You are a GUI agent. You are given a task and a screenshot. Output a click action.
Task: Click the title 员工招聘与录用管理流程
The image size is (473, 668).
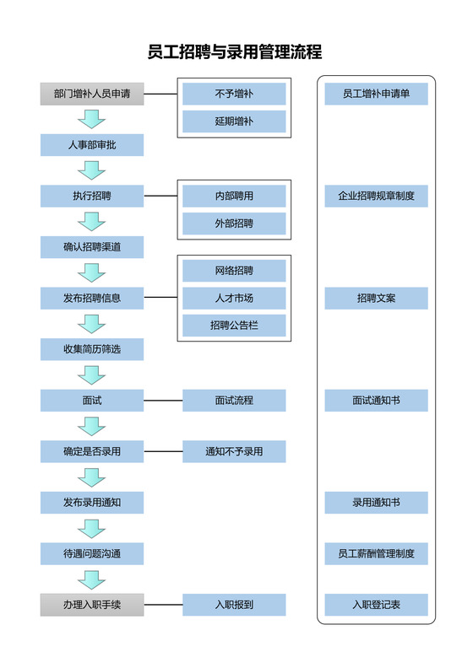click(x=235, y=52)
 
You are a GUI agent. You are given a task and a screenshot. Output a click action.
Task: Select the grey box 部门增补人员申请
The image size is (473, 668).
click(x=92, y=94)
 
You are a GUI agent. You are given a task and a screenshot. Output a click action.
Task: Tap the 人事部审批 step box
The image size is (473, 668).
click(x=92, y=145)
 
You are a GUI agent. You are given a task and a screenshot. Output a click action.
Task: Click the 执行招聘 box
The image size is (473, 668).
click(x=92, y=197)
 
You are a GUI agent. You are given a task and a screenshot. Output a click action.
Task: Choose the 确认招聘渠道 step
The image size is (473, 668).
click(x=92, y=247)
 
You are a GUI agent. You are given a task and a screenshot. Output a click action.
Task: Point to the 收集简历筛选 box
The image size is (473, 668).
click(x=92, y=349)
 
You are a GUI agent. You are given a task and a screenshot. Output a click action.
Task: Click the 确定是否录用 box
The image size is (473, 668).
click(x=92, y=451)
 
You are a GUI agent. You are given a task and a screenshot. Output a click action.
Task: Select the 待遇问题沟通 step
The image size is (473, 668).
click(x=92, y=553)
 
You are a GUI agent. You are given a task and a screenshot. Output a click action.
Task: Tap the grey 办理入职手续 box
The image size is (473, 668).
click(x=92, y=605)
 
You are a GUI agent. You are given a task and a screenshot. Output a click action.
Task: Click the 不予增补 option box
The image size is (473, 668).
click(x=234, y=94)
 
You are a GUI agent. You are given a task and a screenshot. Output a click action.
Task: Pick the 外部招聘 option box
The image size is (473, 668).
click(x=234, y=224)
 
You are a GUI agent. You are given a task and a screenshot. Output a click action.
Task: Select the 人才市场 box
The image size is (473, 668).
click(x=234, y=298)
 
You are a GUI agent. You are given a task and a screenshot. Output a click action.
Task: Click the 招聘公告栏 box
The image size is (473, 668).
click(x=234, y=326)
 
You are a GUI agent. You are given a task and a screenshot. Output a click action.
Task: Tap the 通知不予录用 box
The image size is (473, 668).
click(x=234, y=451)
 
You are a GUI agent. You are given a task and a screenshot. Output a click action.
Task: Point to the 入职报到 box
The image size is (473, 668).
click(x=234, y=605)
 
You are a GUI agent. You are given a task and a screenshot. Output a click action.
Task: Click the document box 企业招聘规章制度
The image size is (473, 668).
click(x=376, y=197)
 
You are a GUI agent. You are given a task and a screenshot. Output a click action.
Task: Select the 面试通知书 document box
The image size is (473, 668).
click(x=376, y=401)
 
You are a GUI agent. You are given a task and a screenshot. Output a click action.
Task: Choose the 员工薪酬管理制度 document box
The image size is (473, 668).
click(x=376, y=553)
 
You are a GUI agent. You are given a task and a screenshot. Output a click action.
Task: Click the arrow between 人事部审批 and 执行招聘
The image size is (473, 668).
click(x=91, y=171)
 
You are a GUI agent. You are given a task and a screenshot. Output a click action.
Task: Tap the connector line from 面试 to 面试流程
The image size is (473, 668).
click(x=163, y=401)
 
